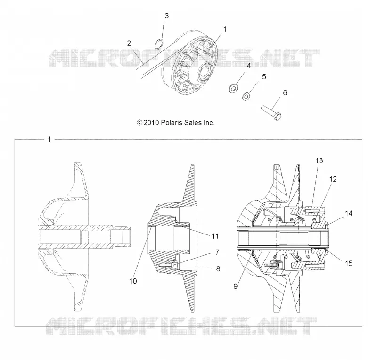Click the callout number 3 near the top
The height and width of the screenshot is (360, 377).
coord(167,16)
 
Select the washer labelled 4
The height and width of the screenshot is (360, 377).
coord(233,88)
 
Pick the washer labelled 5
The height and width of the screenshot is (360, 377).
coord(246,96)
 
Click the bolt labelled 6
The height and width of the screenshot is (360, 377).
coord(271,112)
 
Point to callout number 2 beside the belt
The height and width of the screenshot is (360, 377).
coord(129,43)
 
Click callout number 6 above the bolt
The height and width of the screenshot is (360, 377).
coord(285,92)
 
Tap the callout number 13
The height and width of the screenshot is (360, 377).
coord(319,160)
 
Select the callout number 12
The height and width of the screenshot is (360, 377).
coord(333,179)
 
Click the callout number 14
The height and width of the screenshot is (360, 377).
coord(349,213)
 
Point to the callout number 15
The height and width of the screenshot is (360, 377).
coord(349,263)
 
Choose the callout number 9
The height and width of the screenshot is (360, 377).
coord(235,286)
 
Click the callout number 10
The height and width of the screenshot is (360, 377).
coord(133,281)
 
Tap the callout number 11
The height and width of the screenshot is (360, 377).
coord(215,236)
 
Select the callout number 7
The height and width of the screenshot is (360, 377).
coord(217,252)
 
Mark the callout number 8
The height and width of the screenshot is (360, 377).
coord(218,269)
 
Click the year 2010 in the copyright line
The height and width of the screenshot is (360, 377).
coord(151,123)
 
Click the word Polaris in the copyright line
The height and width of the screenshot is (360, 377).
coord(172,123)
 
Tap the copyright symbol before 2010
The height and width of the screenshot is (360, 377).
coord(139,123)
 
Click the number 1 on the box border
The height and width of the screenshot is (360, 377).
coord(49,140)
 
